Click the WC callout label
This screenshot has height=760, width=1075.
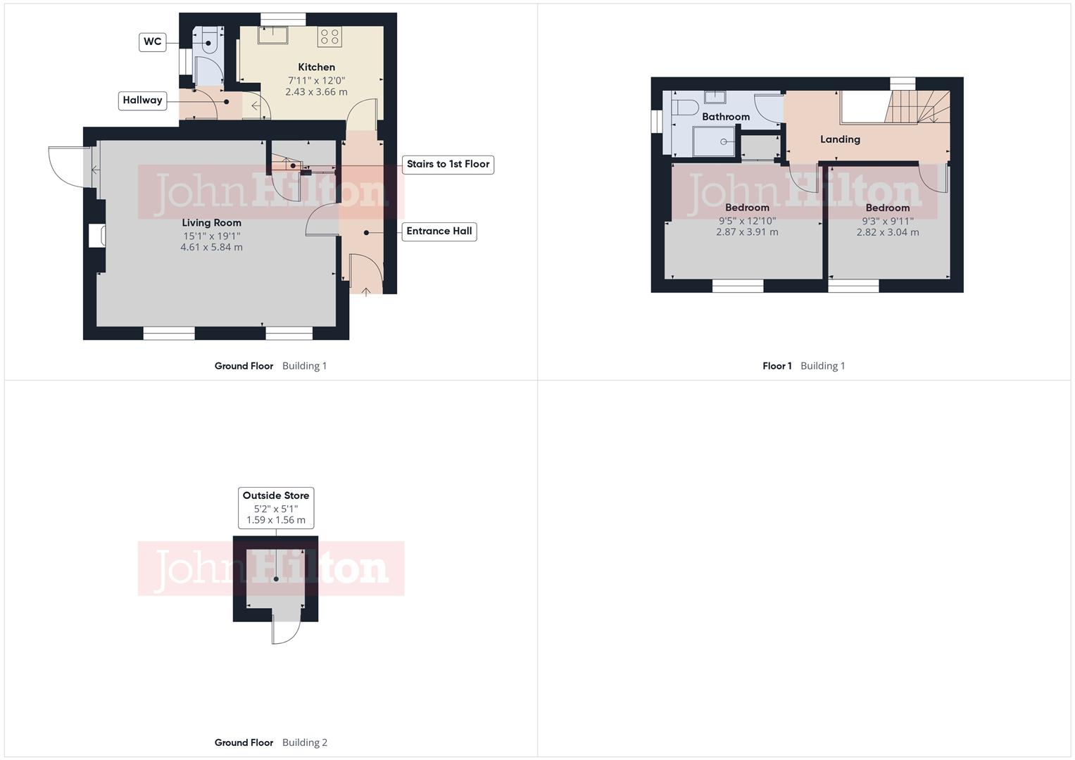click(x=152, y=42)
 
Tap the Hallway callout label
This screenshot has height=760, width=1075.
click(x=142, y=100)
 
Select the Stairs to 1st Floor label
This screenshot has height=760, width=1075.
click(x=448, y=164)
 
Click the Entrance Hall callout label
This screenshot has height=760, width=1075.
click(x=439, y=231)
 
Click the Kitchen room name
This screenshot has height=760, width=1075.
click(x=316, y=67)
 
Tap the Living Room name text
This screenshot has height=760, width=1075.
click(x=211, y=222)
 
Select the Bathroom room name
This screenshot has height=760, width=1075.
click(x=725, y=117)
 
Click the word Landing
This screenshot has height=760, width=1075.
click(x=840, y=139)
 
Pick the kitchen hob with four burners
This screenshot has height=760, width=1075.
click(x=329, y=37)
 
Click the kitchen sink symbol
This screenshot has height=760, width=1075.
click(x=272, y=34)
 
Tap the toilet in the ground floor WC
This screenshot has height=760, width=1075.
click(x=209, y=42)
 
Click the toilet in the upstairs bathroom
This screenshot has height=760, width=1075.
click(x=684, y=108)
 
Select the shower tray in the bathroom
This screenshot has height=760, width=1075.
click(x=715, y=141)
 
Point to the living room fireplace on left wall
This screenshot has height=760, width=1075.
click(x=96, y=236)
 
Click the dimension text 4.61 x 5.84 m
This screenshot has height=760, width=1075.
click(x=211, y=247)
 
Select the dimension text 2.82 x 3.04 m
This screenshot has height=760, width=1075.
click(x=887, y=232)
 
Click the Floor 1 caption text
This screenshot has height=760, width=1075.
click(x=777, y=366)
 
